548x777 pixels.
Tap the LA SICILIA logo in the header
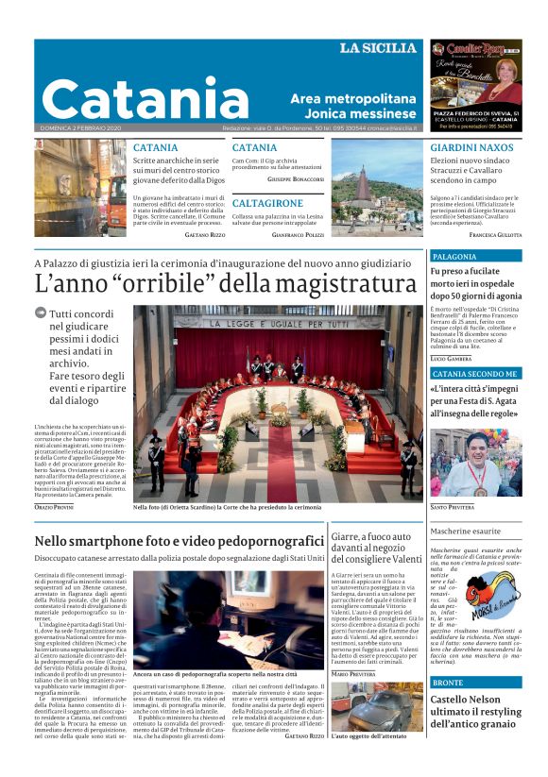coord(379,48)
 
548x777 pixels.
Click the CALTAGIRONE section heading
coord(267,203)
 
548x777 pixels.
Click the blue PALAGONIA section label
coord(454,256)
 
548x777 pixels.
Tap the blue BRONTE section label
coord(448,683)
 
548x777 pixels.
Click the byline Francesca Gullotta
coord(495,233)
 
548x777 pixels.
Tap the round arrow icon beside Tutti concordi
coord(41,313)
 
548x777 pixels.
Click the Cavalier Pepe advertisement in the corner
coord(475,86)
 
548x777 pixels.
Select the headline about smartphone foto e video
coord(179,541)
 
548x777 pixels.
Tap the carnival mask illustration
coord(493,594)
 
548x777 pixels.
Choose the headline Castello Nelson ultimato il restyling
coord(474,711)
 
